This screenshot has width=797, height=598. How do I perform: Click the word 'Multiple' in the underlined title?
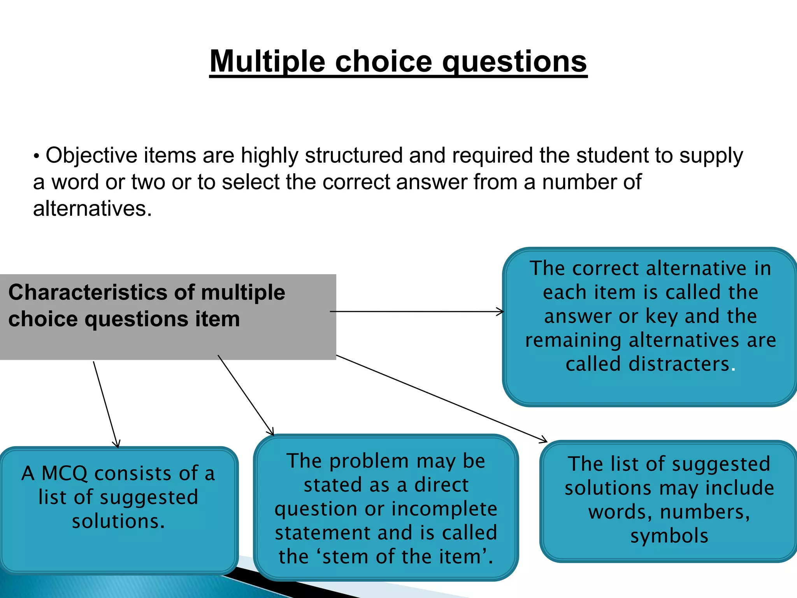point(267,62)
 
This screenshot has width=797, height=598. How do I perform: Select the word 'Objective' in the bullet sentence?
point(91,155)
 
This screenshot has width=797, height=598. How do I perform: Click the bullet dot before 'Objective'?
point(37,157)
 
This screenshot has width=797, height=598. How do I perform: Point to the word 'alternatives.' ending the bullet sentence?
point(92,209)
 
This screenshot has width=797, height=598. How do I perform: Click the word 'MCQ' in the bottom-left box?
point(65,473)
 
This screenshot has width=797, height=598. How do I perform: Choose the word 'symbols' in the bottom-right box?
point(669,536)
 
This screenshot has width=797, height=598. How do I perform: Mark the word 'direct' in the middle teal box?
point(441,485)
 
